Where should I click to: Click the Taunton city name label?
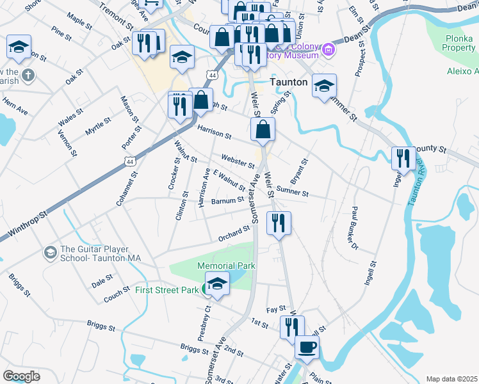point(288,83)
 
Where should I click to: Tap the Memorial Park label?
point(226,266)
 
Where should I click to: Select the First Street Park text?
point(167,290)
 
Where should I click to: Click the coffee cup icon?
point(307,348)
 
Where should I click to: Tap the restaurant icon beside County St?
point(403,158)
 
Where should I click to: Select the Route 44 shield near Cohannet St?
point(130,162)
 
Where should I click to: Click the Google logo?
point(21,376)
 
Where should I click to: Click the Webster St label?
point(238,161)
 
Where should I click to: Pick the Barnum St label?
point(227,201)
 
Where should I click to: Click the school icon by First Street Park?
point(217,285)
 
